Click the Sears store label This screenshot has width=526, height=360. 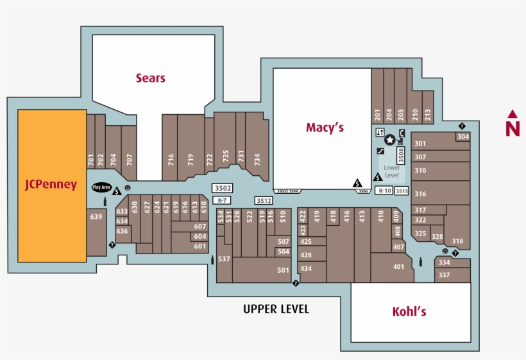(x=150, y=78)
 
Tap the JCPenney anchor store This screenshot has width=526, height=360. (x=51, y=185)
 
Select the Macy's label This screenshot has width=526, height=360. (x=325, y=128)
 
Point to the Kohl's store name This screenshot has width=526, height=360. (x=409, y=312)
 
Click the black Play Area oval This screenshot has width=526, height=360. (x=101, y=187)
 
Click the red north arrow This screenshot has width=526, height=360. (x=513, y=114)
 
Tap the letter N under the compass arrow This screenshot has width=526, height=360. (x=513, y=128)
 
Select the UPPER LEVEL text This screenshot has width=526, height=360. (x=276, y=309)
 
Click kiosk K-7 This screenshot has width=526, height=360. (x=222, y=200)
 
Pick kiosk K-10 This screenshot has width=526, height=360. (x=384, y=191)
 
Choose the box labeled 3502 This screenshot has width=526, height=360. (x=223, y=188)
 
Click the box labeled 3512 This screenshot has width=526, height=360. (x=264, y=201)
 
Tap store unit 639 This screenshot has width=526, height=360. (x=96, y=217)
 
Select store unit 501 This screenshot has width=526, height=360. (x=284, y=270)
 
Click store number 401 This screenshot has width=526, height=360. (x=398, y=267)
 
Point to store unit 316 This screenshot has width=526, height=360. (x=420, y=194)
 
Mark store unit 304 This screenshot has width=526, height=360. (x=462, y=137)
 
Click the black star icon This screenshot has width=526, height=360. (x=389, y=139)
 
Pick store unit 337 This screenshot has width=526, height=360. (x=444, y=275)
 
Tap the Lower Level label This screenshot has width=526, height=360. (x=391, y=171)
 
